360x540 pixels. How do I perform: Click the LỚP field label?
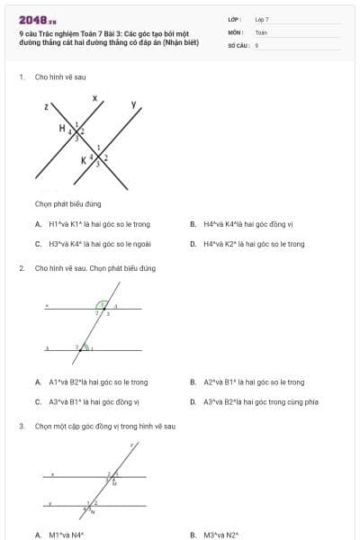click(236, 19)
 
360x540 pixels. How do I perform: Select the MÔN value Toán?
click(261, 31)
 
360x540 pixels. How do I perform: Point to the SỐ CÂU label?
click(238, 44)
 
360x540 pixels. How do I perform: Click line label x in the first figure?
click(94, 96)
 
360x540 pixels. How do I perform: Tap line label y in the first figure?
click(134, 105)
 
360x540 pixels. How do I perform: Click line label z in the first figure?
click(45, 107)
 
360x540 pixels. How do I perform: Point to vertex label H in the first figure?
click(62, 129)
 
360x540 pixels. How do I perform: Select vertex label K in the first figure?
click(84, 160)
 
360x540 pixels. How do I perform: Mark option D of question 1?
click(247, 244)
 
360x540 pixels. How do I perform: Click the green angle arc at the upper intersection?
click(102, 303)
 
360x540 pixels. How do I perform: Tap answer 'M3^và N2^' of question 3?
click(220, 535)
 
